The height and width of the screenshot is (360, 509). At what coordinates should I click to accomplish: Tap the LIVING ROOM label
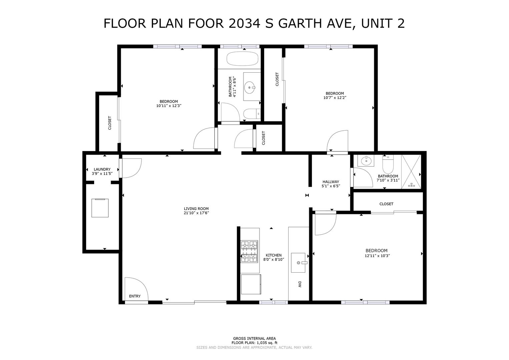(196, 209)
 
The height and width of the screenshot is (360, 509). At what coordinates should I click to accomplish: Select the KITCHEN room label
(274, 255)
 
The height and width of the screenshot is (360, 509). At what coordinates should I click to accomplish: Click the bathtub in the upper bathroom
(242, 59)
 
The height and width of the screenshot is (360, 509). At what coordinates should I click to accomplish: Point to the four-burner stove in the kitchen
(249, 251)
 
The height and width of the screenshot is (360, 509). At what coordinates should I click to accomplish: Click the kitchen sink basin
(298, 263)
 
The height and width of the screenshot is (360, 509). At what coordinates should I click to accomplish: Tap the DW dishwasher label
(300, 285)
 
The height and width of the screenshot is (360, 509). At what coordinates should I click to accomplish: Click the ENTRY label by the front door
(135, 296)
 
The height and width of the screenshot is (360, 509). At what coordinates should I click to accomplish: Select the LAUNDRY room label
(102, 169)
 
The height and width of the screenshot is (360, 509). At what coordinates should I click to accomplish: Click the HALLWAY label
(331, 182)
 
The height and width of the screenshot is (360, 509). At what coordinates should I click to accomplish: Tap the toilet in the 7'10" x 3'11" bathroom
(388, 164)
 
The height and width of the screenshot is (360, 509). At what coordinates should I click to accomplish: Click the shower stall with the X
(411, 172)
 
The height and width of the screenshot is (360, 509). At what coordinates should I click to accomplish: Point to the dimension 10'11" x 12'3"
(168, 106)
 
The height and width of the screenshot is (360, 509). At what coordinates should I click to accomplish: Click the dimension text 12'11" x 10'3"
(377, 256)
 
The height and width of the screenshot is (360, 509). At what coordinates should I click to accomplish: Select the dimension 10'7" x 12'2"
(335, 98)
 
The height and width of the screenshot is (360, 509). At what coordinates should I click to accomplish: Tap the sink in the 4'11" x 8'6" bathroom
(250, 87)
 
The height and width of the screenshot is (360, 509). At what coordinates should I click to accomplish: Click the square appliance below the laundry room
(100, 208)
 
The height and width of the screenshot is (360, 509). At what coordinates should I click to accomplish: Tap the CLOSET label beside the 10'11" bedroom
(110, 123)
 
